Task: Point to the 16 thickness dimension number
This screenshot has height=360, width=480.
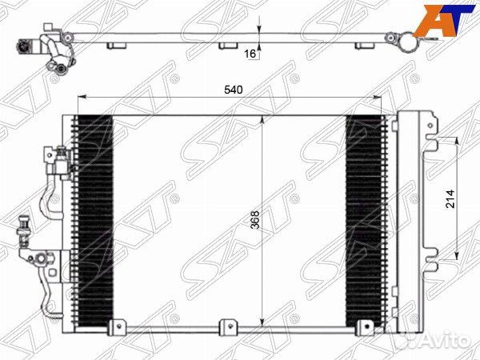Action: [250, 53]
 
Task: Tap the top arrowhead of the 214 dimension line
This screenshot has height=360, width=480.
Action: [457, 142]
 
